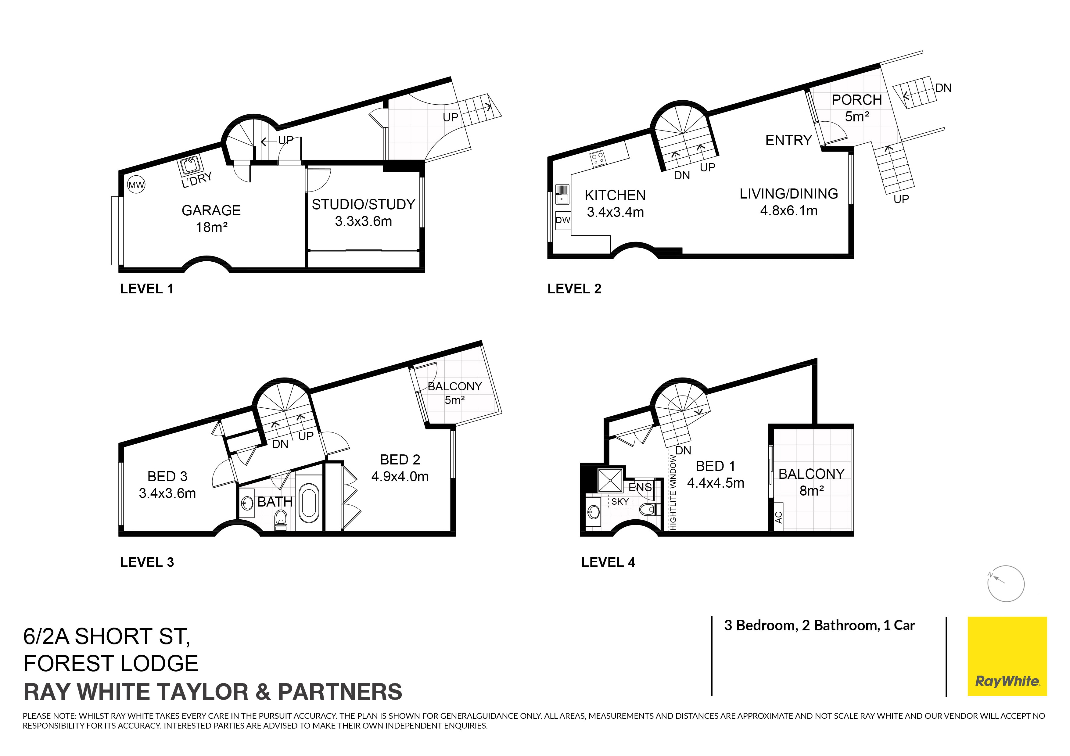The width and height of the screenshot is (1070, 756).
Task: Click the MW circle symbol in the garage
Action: coord(136,185)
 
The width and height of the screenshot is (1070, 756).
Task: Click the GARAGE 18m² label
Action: coord(211,218)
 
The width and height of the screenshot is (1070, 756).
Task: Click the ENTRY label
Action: coord(788,140)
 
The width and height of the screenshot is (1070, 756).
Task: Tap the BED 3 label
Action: coord(167,477)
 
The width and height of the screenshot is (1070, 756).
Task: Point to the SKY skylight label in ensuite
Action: coord(620,502)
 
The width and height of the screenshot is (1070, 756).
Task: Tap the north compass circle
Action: coord(1006,584)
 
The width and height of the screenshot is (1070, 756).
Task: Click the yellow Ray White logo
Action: coord(1007,656)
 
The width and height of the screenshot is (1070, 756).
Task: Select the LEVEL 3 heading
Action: coord(147,562)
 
